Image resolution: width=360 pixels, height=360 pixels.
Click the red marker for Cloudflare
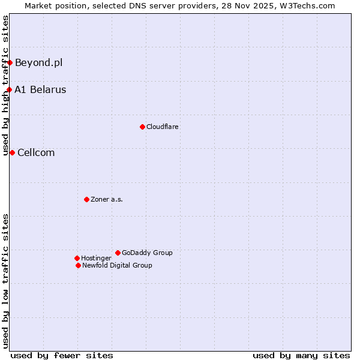[x=142, y=127]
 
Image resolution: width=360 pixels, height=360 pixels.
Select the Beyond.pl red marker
[x=10, y=62]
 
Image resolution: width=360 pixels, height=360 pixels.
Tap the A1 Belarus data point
[x=9, y=90]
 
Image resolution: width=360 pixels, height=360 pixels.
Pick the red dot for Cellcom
[x=12, y=152]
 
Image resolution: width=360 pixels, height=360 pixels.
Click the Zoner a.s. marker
[x=86, y=199]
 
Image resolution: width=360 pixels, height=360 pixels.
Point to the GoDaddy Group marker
[x=118, y=253]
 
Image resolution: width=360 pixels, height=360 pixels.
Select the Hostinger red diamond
[x=77, y=258]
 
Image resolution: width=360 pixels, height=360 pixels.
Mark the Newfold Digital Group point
[x=78, y=265]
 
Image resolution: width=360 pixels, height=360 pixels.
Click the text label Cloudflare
[x=163, y=127]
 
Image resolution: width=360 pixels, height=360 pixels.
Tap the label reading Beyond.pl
[x=38, y=62]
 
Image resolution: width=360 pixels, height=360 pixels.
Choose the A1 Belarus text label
[x=40, y=90]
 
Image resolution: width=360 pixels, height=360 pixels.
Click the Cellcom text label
[x=36, y=152]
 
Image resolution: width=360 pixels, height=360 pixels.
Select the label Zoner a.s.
[x=107, y=199]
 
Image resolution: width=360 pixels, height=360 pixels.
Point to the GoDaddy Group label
[x=147, y=253]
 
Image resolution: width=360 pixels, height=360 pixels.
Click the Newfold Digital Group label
[x=117, y=265]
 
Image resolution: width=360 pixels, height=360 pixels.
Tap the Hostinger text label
[x=96, y=258]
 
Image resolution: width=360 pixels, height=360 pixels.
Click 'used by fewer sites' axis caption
[x=62, y=355]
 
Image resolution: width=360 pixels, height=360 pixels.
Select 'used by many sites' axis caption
[x=301, y=355]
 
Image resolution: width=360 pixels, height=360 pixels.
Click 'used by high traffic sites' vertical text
[x=5, y=85]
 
